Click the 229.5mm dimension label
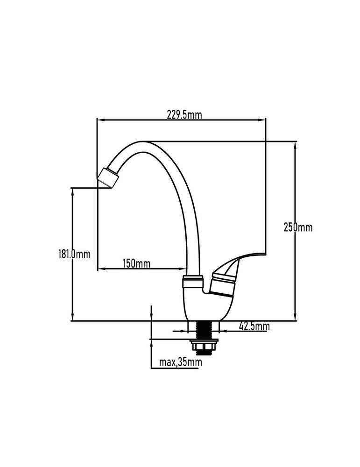tap(184, 115)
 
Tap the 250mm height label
tap(298, 227)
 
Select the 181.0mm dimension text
tap(74, 255)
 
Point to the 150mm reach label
tap(137, 263)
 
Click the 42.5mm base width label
tap(254, 327)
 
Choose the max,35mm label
tap(180, 362)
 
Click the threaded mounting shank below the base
tap(204, 330)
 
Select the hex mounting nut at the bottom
tap(204, 347)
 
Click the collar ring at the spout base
tap(193, 282)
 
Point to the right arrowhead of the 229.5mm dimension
tap(261, 120)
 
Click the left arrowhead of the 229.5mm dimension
tap(101, 120)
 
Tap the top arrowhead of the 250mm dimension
tap(295, 146)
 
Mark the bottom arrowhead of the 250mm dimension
tap(295, 317)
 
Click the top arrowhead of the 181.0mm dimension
tap(72, 192)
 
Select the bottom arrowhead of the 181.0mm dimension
tap(72, 317)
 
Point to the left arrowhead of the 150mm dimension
tap(102, 269)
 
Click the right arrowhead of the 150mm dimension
tap(182, 269)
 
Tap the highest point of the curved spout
tap(141, 142)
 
